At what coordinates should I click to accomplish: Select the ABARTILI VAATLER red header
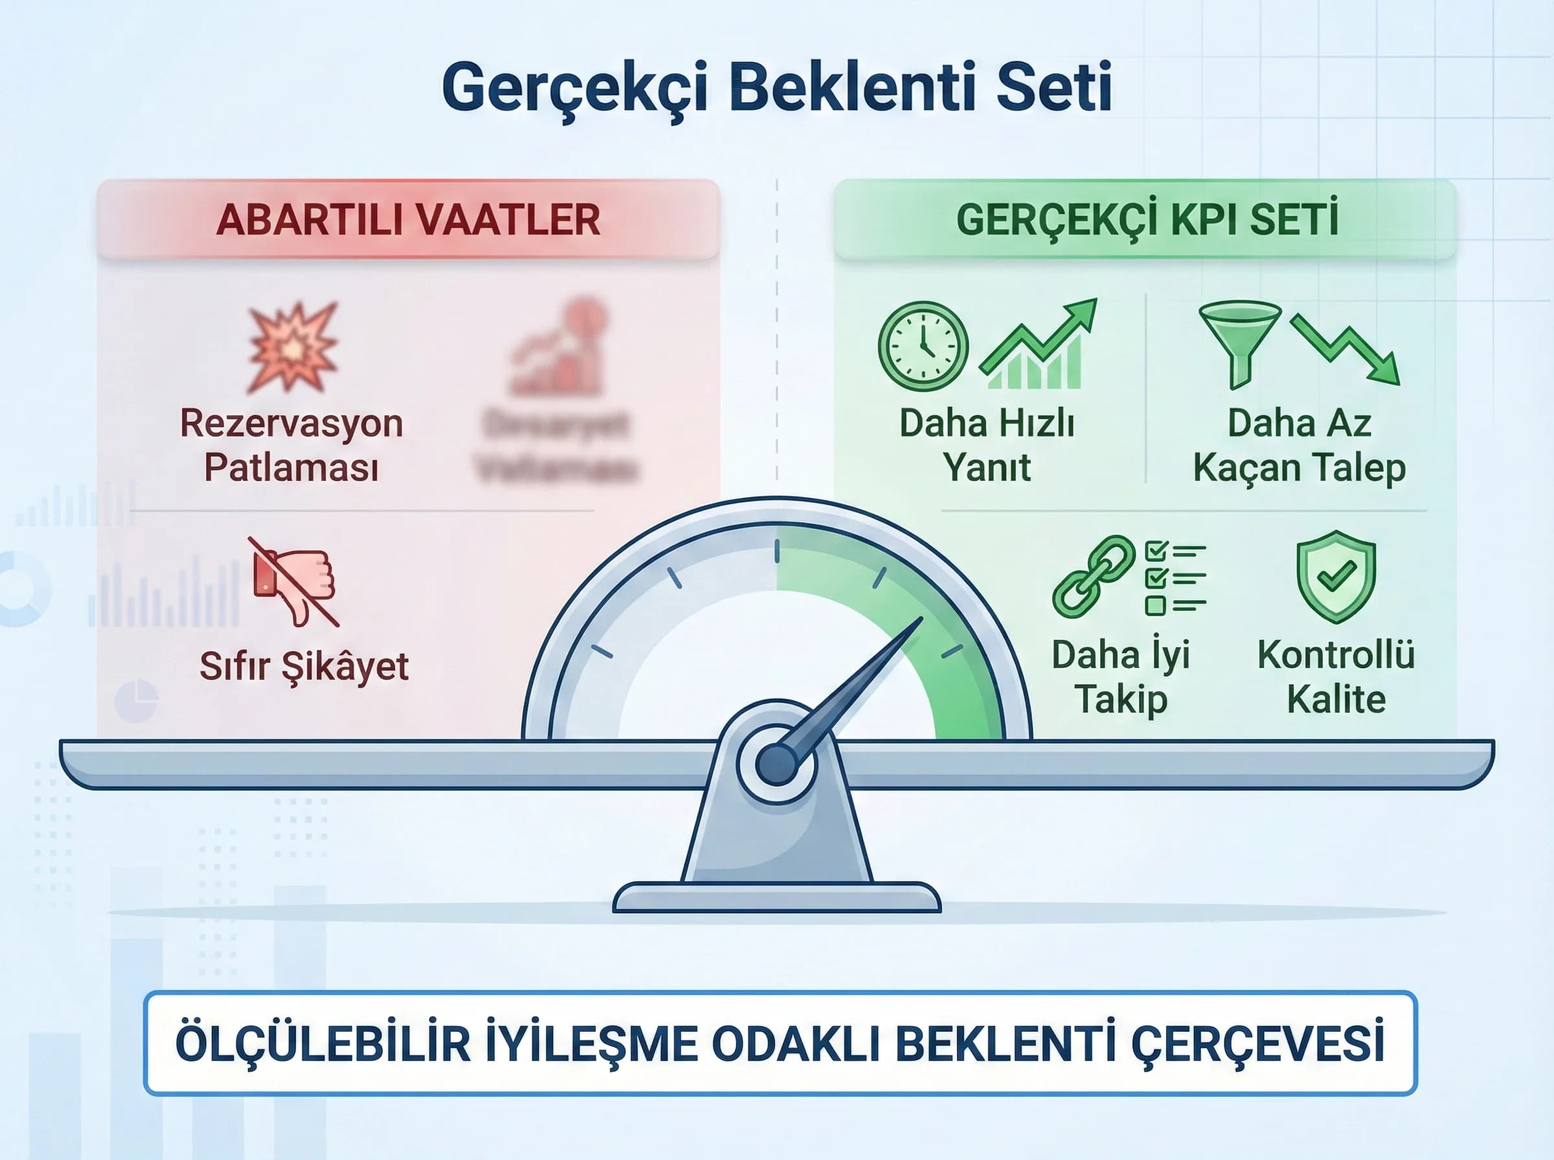point(408,220)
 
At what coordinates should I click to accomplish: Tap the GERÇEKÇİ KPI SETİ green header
point(1146,220)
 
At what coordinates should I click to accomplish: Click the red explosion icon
point(293,347)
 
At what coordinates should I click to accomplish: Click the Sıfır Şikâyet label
point(304,665)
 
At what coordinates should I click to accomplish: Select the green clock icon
point(923,346)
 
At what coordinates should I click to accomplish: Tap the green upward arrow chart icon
point(1038,344)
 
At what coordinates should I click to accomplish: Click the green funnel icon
point(1239,342)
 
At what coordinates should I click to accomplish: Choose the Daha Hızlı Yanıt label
point(987,445)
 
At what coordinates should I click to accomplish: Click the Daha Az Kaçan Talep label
point(1299,445)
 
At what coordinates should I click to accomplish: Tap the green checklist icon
point(1175,577)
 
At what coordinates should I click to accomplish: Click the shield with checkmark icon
point(1336,575)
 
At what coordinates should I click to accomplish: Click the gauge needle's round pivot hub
point(776,764)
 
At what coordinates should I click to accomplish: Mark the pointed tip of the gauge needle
point(921,619)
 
